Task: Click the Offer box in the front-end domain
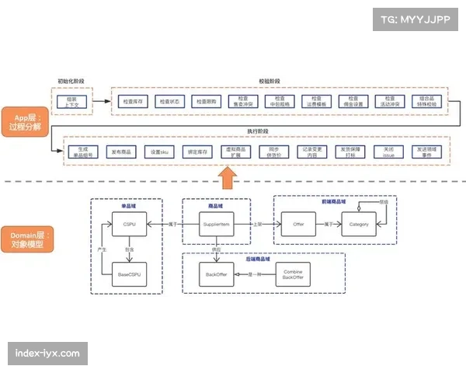297,225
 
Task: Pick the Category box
359,225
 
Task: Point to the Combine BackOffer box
293,274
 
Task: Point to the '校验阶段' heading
270,82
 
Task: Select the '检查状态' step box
169,102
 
